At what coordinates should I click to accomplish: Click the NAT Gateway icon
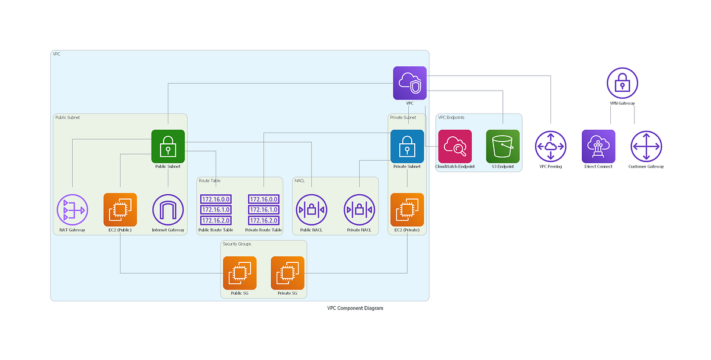pyautogui.click(x=72, y=210)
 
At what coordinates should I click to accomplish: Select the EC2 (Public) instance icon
pyautogui.click(x=120, y=210)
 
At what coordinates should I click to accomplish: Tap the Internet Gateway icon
pyautogui.click(x=168, y=210)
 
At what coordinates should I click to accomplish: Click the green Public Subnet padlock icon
pyautogui.click(x=168, y=146)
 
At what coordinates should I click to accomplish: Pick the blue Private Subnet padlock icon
pyautogui.click(x=407, y=146)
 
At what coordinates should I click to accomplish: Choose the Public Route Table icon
pyautogui.click(x=216, y=210)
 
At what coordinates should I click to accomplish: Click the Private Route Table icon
pyautogui.click(x=264, y=210)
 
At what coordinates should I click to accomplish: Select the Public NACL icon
pyautogui.click(x=311, y=210)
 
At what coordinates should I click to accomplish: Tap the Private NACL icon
pyautogui.click(x=359, y=210)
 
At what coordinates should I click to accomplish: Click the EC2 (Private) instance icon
pyautogui.click(x=407, y=210)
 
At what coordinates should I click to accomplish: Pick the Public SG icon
pyautogui.click(x=239, y=273)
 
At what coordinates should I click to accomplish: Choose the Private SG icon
pyautogui.click(x=287, y=273)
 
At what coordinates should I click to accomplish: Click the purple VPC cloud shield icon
pyautogui.click(x=410, y=83)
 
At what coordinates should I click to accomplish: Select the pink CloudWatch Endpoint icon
pyautogui.click(x=455, y=146)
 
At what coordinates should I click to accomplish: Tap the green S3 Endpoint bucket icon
pyautogui.click(x=502, y=146)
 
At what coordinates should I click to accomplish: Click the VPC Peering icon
pyautogui.click(x=550, y=146)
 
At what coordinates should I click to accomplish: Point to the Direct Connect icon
pyautogui.click(x=598, y=146)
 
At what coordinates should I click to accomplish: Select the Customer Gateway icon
pyautogui.click(x=646, y=146)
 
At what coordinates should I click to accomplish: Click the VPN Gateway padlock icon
pyautogui.click(x=622, y=83)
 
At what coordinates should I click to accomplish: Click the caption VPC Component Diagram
pyautogui.click(x=355, y=308)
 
